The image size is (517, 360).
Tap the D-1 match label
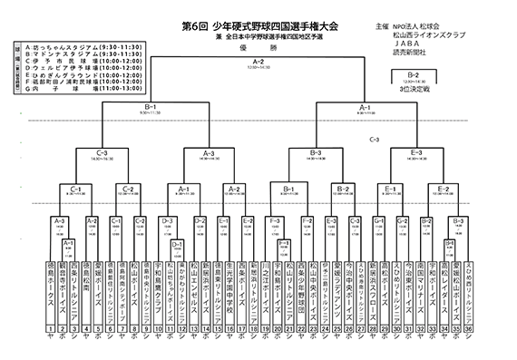tap(178, 244)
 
